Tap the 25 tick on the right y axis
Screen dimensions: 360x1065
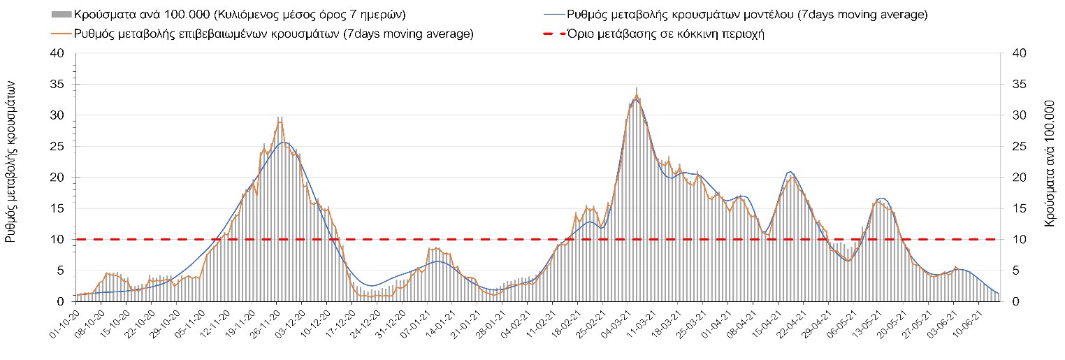1013,147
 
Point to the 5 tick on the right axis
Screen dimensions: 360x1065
1010,271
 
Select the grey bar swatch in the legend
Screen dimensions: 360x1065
61,14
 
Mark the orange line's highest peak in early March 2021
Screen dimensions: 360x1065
636,95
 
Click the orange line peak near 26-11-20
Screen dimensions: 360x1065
280,122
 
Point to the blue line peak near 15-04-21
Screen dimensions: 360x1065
790,171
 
